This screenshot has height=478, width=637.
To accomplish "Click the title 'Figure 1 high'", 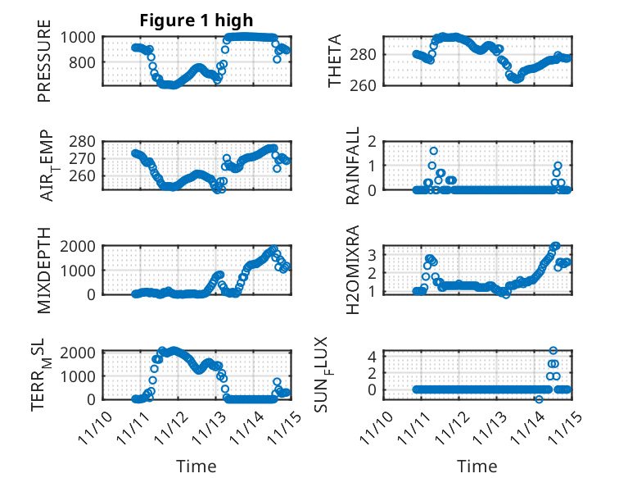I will pos(196,20).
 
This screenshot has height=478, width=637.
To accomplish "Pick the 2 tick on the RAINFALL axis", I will pos(373,141).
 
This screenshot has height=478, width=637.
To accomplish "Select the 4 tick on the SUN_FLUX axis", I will pos(373,356).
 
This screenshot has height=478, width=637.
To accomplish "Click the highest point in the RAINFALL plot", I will pos(433,151).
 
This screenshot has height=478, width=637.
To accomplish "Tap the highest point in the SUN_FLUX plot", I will pos(553,350).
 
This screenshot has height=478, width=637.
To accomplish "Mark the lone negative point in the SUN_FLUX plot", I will pos(539,399).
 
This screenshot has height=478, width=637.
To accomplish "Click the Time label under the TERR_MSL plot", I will pos(197,467).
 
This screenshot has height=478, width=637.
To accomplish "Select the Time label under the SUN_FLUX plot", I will pos(477,467).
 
